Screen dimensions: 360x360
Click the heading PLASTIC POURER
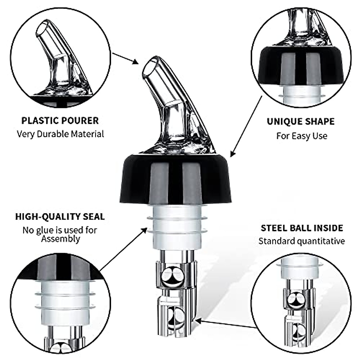(x=60, y=121)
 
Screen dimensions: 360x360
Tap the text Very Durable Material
(x=60, y=134)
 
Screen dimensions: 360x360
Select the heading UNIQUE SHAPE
(x=301, y=121)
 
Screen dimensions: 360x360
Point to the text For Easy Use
(x=301, y=136)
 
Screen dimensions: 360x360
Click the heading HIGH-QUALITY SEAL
(x=60, y=216)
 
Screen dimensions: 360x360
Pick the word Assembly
(x=61, y=239)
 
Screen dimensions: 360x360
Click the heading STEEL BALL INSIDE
(x=301, y=228)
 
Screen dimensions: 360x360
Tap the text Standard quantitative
(x=301, y=241)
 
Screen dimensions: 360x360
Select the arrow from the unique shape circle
(x=246, y=126)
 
